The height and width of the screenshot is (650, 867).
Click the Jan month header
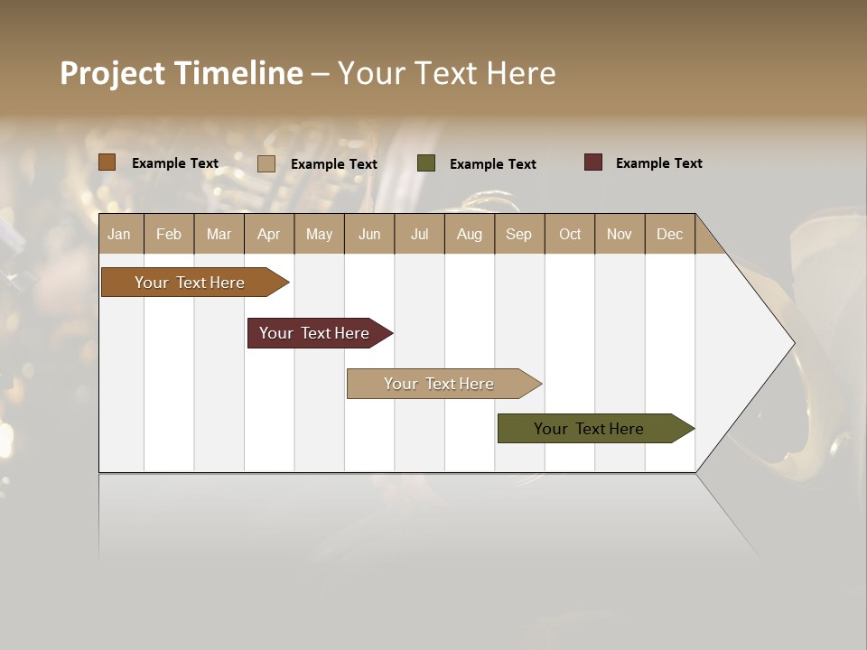point(120,234)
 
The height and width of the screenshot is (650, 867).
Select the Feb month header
point(169,234)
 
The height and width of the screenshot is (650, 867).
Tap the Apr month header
point(269,234)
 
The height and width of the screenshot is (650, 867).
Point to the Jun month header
point(369,234)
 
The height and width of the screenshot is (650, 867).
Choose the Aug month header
point(470,234)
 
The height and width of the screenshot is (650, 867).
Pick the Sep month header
point(519,234)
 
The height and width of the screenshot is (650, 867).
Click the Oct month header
point(570,234)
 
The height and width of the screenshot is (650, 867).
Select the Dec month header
point(670,234)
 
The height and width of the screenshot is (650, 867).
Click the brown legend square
point(107,162)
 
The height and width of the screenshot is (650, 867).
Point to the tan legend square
point(266,163)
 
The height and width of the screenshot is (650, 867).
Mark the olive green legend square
point(426,163)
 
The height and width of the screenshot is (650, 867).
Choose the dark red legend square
point(593,162)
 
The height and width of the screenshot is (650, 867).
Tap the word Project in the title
point(114,73)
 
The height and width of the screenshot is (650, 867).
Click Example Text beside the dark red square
point(658,163)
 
